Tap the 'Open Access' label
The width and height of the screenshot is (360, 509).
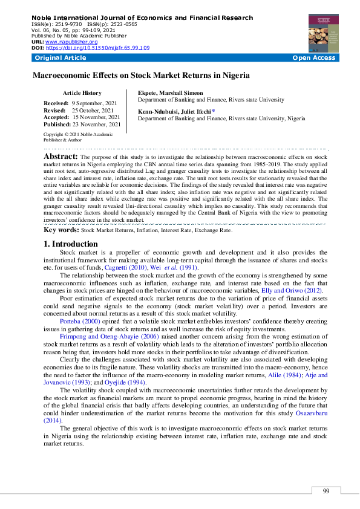313,58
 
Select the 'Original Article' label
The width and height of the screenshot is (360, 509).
61,58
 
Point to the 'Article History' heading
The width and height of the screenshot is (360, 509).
82,93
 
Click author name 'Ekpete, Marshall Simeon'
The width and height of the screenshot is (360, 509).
171,93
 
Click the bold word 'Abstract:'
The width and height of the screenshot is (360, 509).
61,156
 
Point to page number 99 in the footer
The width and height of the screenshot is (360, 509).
326,491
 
